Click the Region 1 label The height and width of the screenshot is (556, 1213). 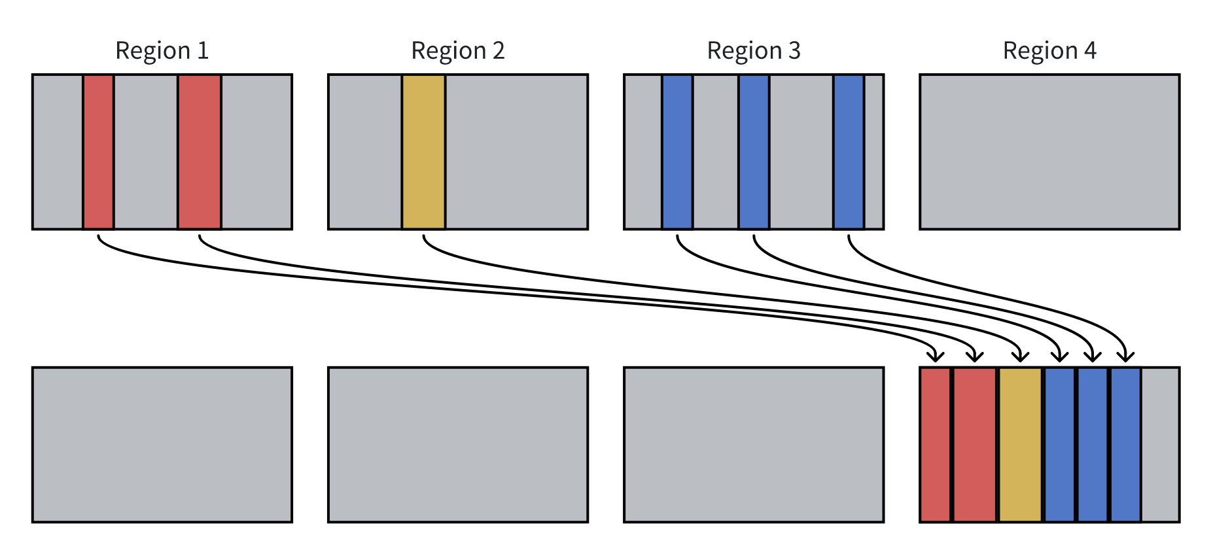162,51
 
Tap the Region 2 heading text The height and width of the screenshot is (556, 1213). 457,51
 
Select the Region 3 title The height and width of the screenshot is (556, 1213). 754,51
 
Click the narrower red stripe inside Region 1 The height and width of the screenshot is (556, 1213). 98,152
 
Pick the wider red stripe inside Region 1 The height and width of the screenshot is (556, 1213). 200,152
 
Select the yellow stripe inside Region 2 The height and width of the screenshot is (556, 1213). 423,152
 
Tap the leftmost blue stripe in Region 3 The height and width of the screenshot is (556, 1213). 677,152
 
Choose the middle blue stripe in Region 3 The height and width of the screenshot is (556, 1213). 754,152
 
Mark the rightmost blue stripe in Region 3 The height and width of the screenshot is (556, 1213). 849,152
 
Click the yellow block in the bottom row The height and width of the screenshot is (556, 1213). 1020,445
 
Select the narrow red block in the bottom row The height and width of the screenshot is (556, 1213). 935,445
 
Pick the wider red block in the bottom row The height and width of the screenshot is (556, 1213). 975,445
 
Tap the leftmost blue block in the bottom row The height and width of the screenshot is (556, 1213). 1059,445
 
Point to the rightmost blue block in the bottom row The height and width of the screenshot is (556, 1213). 1125,445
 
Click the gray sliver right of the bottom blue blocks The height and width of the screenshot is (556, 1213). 1160,445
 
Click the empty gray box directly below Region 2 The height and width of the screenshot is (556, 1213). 457,445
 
